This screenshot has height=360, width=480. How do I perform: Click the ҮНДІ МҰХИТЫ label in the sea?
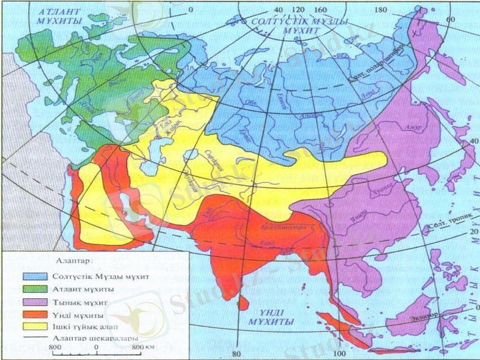tap(273, 317)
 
